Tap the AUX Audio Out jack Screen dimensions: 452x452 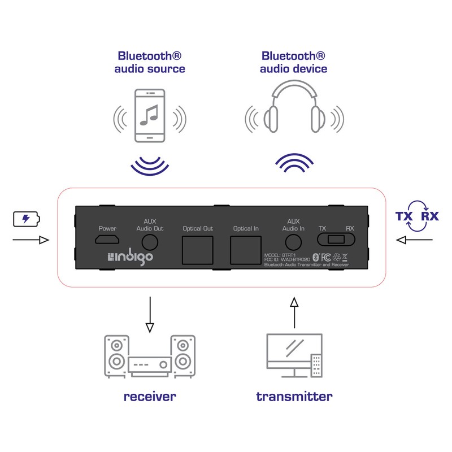point(150,242)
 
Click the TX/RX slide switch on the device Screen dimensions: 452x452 point(337,240)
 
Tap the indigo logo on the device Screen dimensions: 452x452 point(130,258)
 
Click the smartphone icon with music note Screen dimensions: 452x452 point(149,115)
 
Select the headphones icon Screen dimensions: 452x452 point(293,111)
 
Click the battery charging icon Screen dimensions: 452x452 point(27,219)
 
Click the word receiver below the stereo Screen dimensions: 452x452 point(150,396)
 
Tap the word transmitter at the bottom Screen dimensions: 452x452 point(294,396)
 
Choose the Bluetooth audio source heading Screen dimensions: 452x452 point(150,62)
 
